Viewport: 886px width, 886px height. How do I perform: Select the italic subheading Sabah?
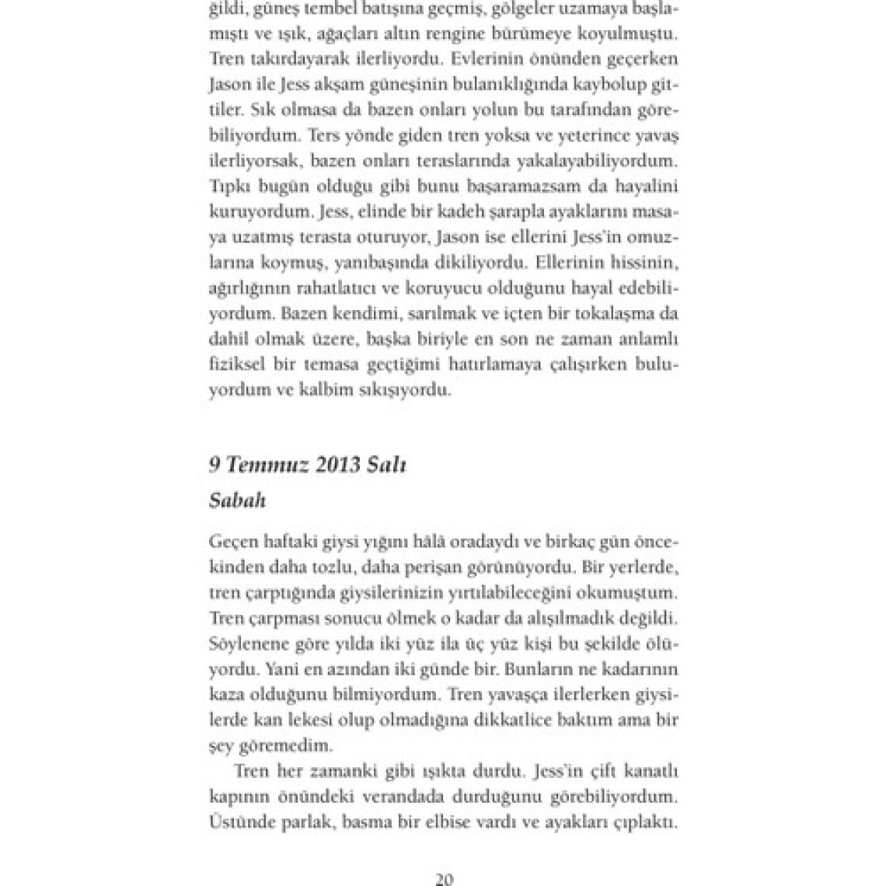coord(237,501)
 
